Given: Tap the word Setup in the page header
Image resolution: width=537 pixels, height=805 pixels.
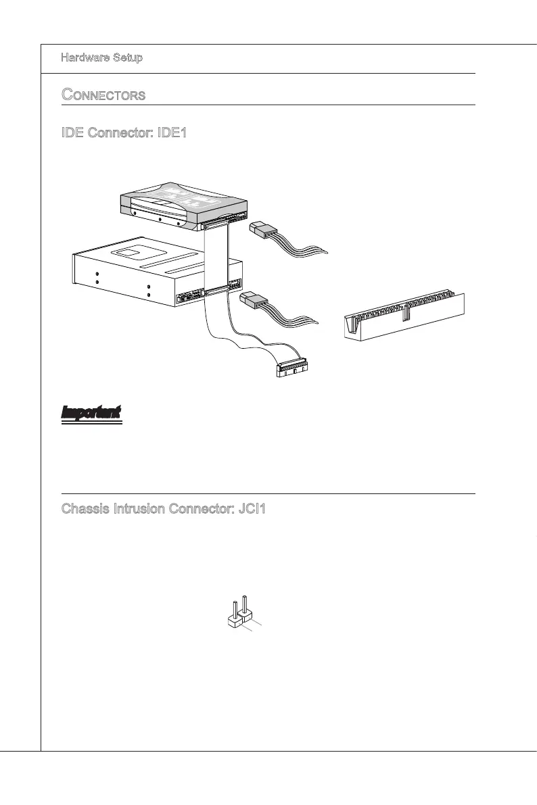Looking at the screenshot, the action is [127, 58].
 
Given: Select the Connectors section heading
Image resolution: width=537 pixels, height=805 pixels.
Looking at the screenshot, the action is [103, 95].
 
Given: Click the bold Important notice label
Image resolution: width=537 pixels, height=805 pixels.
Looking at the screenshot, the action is [91, 411].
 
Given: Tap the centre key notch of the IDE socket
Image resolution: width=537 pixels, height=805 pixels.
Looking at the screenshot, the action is [406, 313].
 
